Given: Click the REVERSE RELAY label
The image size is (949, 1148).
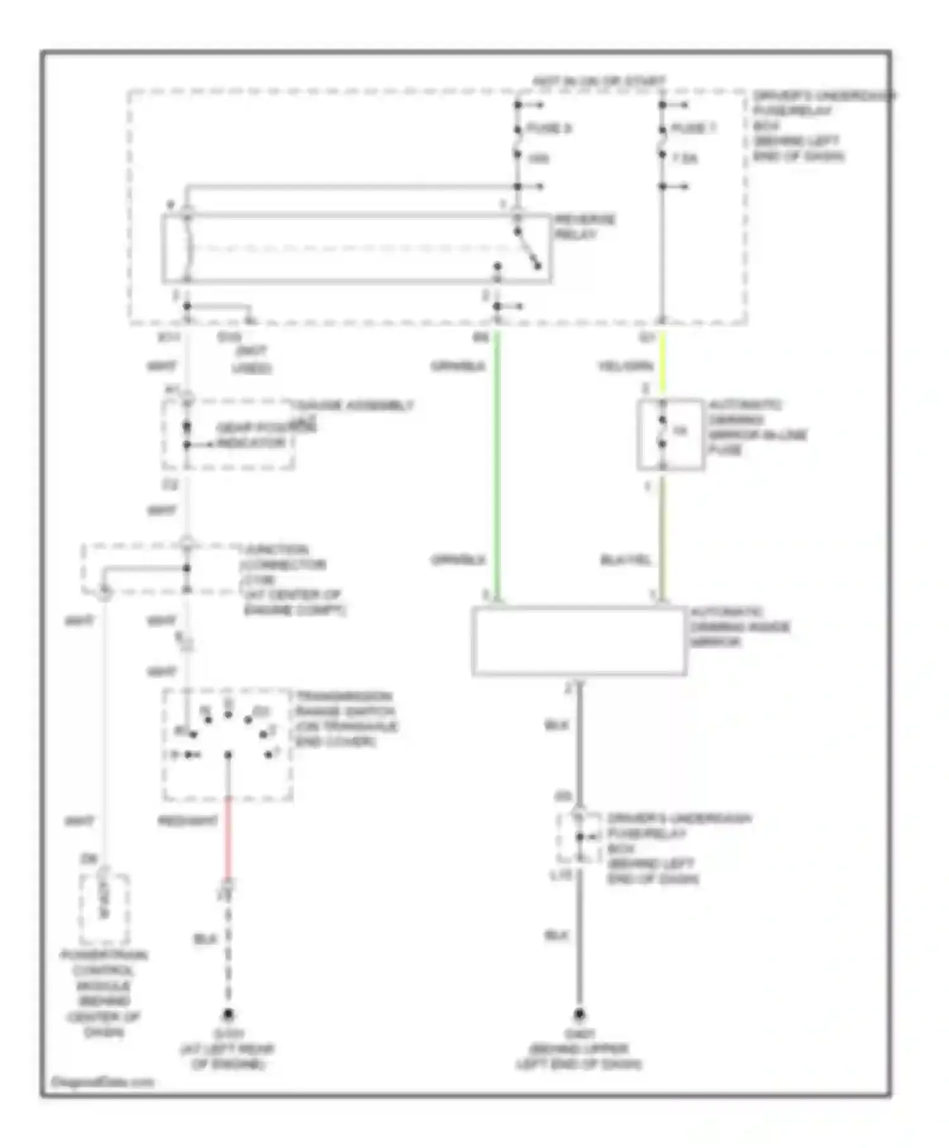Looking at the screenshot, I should (x=585, y=227).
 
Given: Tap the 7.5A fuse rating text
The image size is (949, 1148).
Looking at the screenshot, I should (x=685, y=158).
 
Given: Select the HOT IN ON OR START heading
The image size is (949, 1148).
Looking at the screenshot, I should (x=599, y=82).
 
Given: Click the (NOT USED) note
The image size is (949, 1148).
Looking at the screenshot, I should (x=252, y=359).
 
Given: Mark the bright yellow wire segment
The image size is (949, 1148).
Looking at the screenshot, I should (x=662, y=364).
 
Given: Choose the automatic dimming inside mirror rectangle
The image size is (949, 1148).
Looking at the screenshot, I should (x=579, y=640).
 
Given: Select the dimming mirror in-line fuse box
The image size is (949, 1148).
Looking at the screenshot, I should (x=670, y=434).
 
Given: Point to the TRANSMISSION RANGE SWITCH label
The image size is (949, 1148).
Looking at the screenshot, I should (x=345, y=718).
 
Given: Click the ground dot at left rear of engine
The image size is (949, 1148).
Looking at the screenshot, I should (x=228, y=1015).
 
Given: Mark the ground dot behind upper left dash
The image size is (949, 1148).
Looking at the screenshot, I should (x=578, y=1015).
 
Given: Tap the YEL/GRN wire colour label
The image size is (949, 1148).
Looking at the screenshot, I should (x=625, y=366).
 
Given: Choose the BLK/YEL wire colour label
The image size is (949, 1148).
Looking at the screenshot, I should (x=625, y=560).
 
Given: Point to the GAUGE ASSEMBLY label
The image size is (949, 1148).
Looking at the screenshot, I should (x=352, y=406).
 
